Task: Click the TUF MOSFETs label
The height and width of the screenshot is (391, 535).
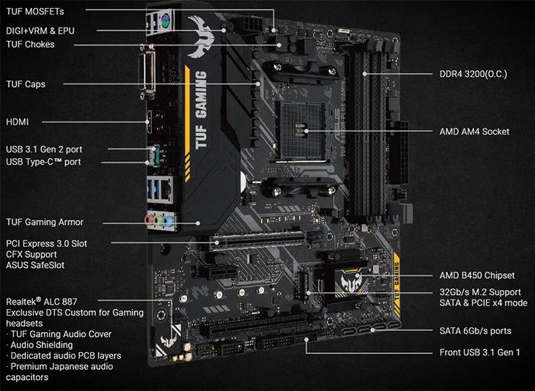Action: point(35,12)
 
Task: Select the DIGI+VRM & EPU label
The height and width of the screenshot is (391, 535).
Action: point(40,31)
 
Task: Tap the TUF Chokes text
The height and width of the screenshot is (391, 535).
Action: point(30,45)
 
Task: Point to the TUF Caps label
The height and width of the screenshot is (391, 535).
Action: point(26,84)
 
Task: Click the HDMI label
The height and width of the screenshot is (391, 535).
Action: point(18,122)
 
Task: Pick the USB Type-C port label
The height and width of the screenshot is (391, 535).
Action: point(43,162)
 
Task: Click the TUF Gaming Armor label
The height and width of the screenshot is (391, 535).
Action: point(45,222)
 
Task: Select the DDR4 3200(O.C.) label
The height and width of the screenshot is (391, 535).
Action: point(473,75)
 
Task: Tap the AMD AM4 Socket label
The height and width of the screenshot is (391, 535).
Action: point(474,132)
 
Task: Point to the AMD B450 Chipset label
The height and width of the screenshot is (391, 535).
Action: point(476,275)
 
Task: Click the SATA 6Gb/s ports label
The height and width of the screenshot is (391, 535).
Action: point(475,331)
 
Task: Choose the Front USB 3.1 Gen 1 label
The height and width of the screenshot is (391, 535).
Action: point(479,353)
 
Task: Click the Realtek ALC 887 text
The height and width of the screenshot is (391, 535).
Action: point(41,301)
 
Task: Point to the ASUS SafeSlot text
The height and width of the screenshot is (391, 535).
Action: point(35,264)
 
